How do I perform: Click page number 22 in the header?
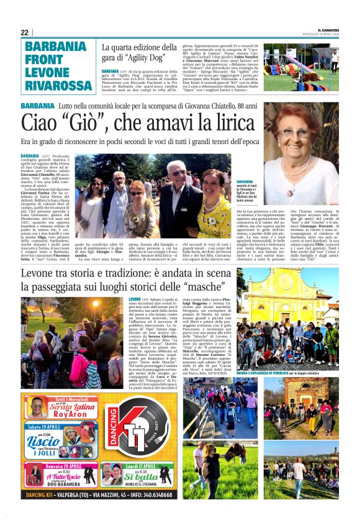point(25,32)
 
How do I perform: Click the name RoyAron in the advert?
point(71,417)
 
